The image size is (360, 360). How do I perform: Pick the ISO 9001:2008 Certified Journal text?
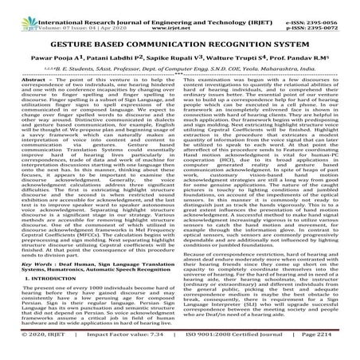coord(238,347)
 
